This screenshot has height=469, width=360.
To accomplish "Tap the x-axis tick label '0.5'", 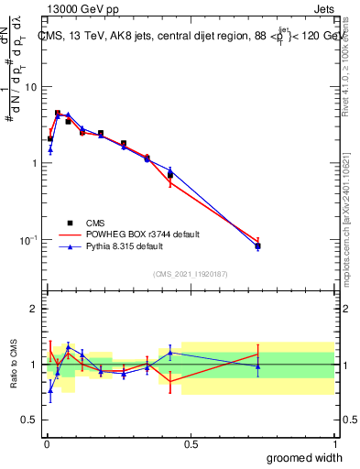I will pyautogui.click(x=191, y=443).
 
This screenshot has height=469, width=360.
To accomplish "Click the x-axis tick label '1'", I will pyautogui.click(x=333, y=443).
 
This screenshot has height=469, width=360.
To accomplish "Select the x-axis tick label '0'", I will pyautogui.click(x=47, y=443).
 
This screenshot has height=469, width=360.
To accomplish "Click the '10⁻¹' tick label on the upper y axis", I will pyautogui.click(x=28, y=240).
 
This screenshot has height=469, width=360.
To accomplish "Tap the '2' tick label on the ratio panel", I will pyautogui.click(x=35, y=309).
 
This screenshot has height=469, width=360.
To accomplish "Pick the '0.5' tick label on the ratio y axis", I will pyautogui.click(x=30, y=420).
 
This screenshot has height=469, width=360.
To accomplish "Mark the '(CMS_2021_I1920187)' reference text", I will pyautogui.click(x=190, y=273).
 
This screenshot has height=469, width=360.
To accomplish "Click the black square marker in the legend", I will pyautogui.click(x=70, y=223).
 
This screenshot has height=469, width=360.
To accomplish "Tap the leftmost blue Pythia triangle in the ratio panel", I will pyautogui.click(x=49, y=389).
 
